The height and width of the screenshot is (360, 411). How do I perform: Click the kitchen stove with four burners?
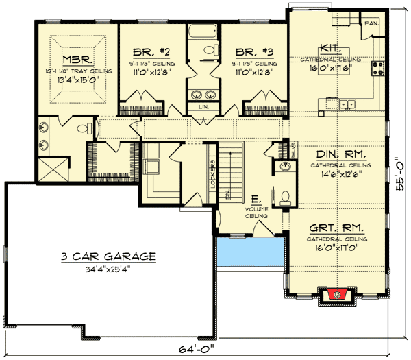click(x=377, y=67)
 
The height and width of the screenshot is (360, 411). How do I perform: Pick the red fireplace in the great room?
click(x=335, y=294)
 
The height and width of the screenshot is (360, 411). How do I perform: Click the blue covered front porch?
click(x=250, y=254)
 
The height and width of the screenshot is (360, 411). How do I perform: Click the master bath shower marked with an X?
click(x=51, y=168)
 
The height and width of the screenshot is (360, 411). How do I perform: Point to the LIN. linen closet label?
click(x=203, y=108)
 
